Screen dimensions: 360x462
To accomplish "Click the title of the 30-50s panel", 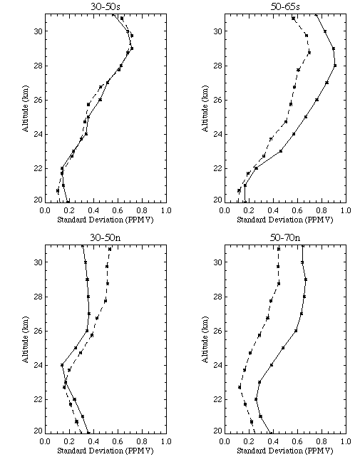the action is (x=106, y=6).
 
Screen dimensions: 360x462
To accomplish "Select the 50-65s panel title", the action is (x=285, y=6).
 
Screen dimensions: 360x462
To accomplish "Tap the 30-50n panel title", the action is (x=106, y=237).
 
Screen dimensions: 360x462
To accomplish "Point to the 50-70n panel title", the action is (x=285, y=237).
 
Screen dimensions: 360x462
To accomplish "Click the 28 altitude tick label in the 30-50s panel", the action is (x=38, y=66).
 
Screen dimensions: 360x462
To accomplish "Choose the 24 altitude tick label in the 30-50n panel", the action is (x=38, y=365).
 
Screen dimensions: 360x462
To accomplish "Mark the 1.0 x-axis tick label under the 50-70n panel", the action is (x=346, y=441).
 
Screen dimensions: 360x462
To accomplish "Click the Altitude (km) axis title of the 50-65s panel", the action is (x=205, y=108).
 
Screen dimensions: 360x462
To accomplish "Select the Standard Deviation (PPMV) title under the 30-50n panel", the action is (x=106, y=451).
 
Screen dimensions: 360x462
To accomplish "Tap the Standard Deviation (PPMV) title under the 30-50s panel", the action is (x=106, y=220).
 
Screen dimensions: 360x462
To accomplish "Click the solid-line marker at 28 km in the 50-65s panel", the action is (x=335, y=66).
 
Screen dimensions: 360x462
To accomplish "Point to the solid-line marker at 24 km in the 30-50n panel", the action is (x=62, y=365).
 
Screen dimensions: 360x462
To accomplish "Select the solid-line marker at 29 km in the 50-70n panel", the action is (x=306, y=279).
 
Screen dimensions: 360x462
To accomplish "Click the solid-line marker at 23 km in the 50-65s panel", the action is (x=280, y=151).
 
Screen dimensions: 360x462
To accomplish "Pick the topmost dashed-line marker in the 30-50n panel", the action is (x=110, y=250).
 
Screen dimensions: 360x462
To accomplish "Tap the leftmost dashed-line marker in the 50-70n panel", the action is (x=240, y=387).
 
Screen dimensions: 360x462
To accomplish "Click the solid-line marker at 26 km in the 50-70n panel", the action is (x=296, y=331).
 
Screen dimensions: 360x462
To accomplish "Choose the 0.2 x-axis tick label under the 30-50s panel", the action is (x=69, y=210).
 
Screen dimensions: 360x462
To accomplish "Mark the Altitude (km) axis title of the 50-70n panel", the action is (x=205, y=339).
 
